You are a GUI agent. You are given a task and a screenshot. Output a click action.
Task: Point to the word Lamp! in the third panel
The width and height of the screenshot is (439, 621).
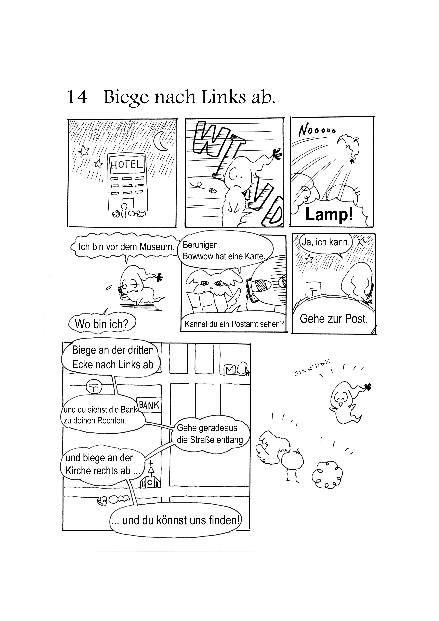pyautogui.click(x=329, y=215)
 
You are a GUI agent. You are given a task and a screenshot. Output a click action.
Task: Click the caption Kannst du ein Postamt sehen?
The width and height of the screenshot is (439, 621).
pyautogui.click(x=234, y=324)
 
